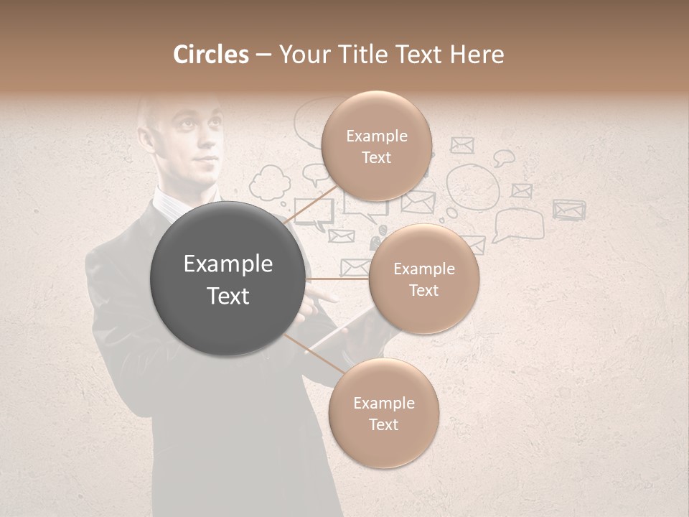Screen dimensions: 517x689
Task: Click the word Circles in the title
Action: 210,55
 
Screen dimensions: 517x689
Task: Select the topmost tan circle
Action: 376,146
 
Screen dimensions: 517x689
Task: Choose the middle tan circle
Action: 423,279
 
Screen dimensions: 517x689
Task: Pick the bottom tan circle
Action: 383,414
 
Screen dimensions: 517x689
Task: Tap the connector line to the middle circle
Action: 337,279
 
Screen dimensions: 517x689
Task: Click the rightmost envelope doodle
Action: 569,209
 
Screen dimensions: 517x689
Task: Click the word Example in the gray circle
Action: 228,264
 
